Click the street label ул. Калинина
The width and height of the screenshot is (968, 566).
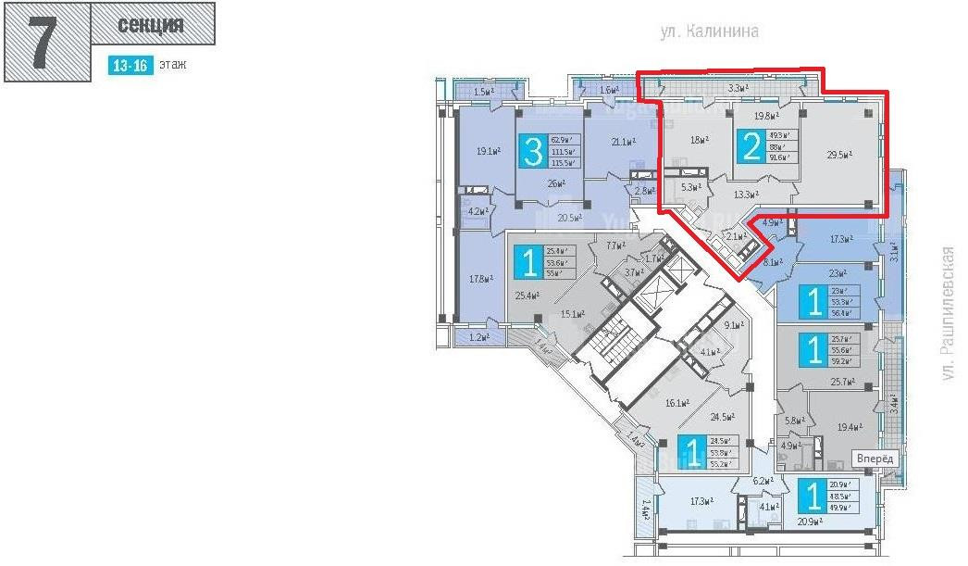(710, 31)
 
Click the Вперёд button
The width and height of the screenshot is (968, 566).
(875, 459)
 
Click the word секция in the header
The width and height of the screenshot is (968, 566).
(153, 25)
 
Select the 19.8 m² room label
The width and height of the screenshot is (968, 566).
(764, 117)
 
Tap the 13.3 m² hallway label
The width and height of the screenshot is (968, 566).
(747, 195)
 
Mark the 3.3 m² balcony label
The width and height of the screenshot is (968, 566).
(738, 89)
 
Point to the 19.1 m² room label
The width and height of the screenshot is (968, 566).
(488, 151)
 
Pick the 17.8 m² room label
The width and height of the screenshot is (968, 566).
(479, 277)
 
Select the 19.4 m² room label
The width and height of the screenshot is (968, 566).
(849, 427)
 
